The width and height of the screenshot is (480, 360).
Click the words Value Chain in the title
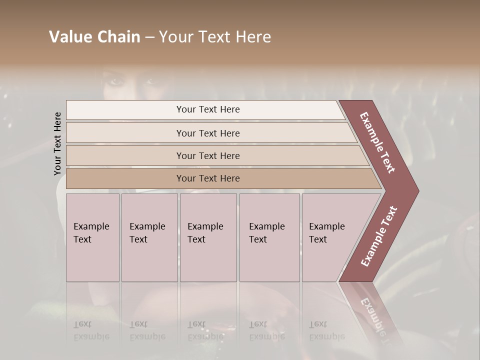(x=94, y=37)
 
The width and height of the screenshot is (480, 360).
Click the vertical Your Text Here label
(x=57, y=143)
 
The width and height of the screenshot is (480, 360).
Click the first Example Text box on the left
(x=92, y=237)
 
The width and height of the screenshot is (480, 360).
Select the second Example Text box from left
(x=149, y=237)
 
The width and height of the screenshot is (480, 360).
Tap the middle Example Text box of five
(x=208, y=237)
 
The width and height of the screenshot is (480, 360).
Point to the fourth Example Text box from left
(x=269, y=237)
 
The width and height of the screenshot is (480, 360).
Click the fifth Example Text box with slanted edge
(x=335, y=237)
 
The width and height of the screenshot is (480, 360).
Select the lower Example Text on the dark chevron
(x=379, y=236)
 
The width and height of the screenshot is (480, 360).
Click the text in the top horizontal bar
(x=208, y=109)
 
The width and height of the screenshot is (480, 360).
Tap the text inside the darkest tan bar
(x=208, y=178)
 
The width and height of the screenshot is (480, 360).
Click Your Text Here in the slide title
(x=215, y=37)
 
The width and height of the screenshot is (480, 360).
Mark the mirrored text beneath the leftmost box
(x=91, y=330)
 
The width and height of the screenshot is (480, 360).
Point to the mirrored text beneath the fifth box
(x=326, y=330)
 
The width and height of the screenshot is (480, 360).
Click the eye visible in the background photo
(x=116, y=80)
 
